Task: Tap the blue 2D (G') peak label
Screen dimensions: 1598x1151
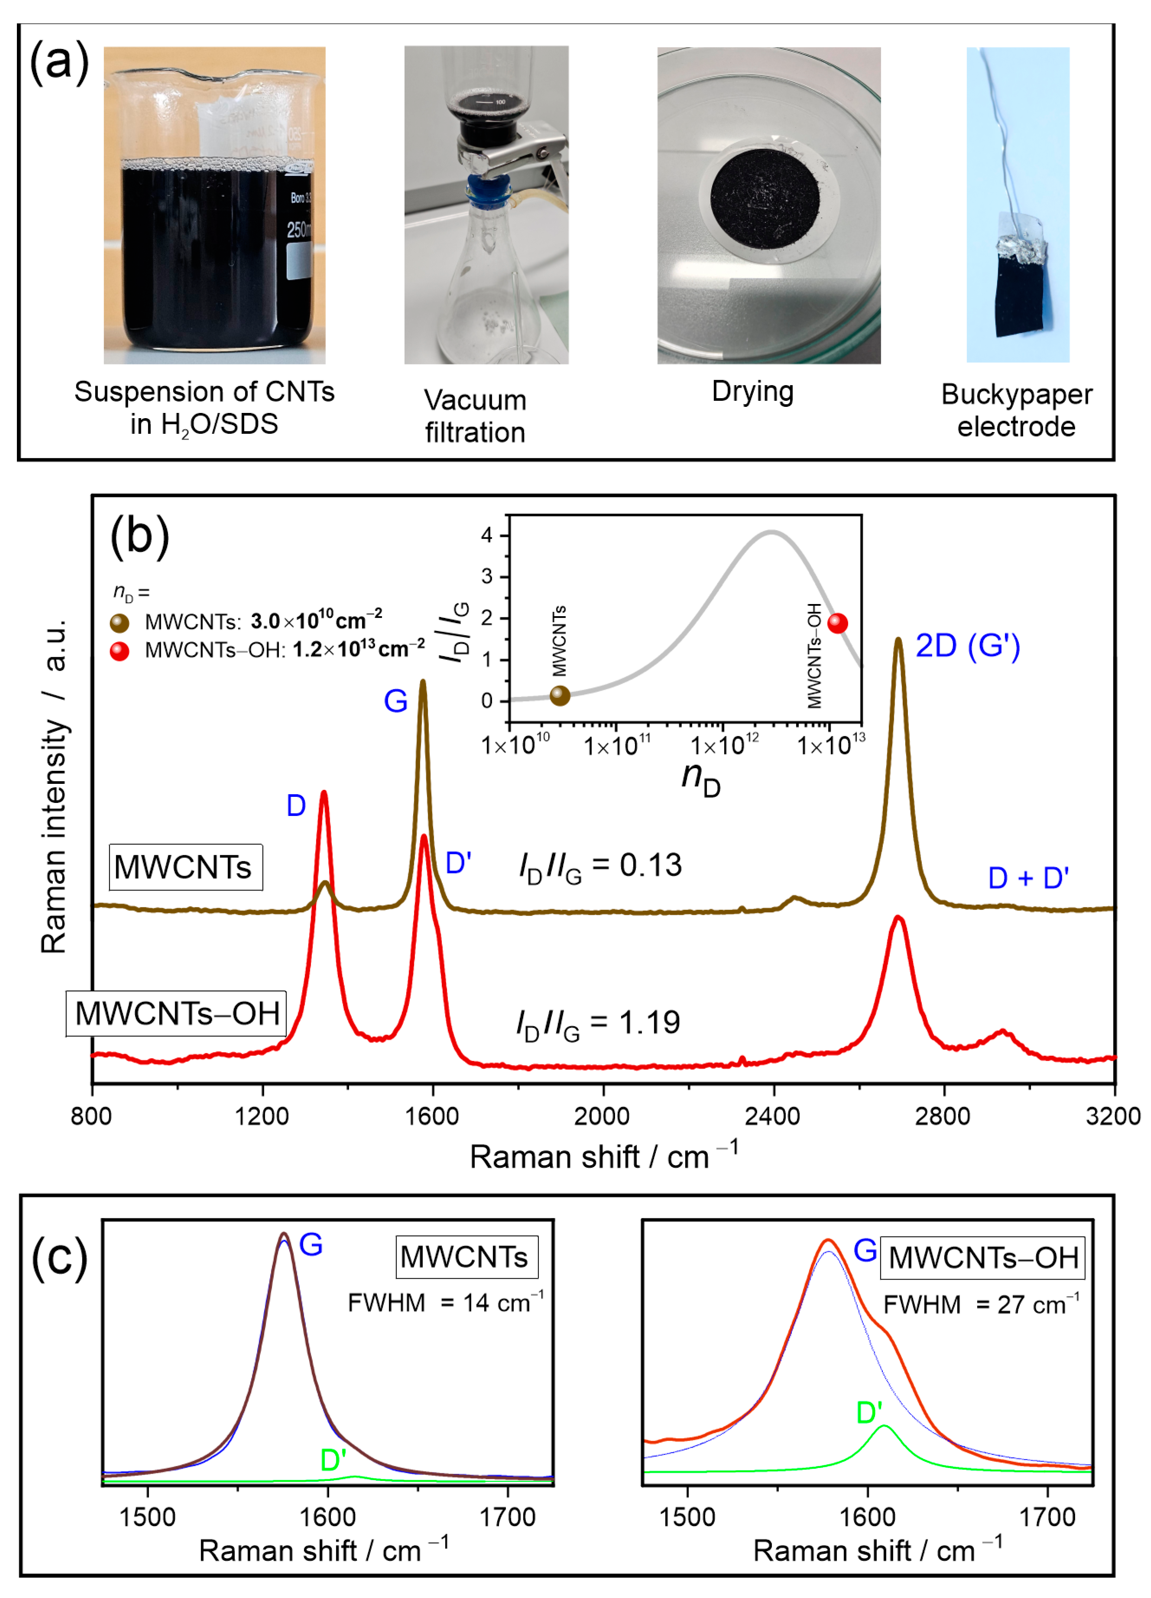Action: point(967,646)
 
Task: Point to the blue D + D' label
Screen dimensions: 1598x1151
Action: point(1028,878)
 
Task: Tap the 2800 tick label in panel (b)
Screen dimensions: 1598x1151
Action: point(944,1117)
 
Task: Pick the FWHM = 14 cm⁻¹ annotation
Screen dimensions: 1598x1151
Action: point(445,1303)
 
